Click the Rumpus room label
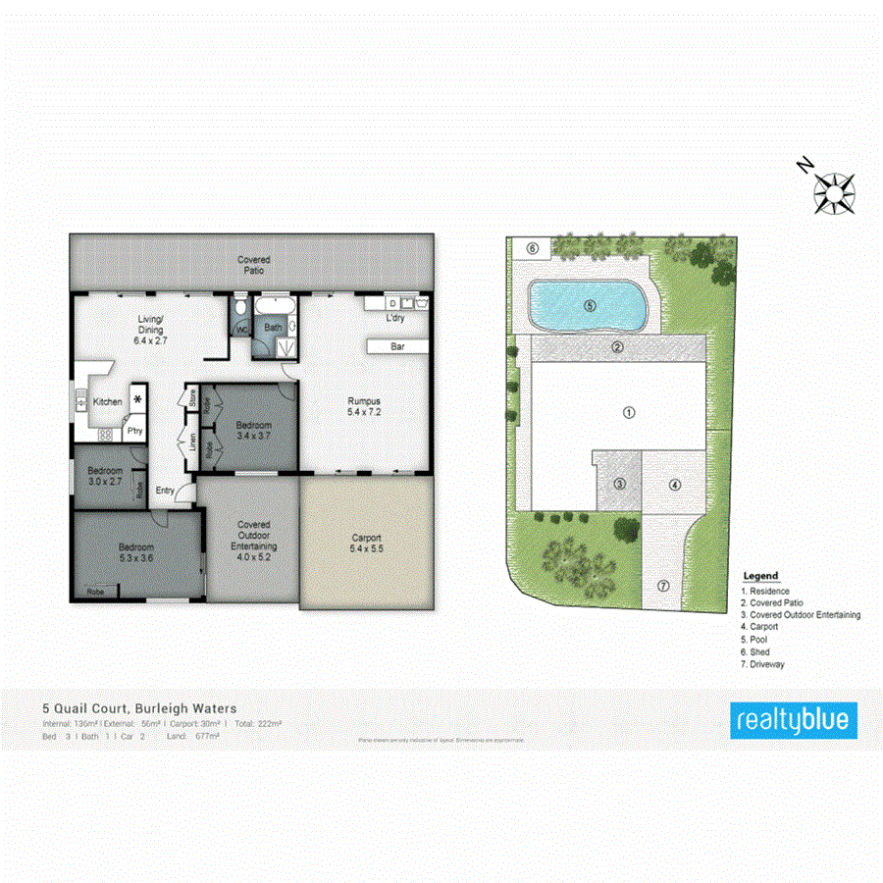363,406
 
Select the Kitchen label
108,401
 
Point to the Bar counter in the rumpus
396,346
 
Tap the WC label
241,330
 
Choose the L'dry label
394,319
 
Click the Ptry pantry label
132,431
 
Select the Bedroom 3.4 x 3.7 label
253,430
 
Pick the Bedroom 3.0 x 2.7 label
105,477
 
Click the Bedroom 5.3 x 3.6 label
137,552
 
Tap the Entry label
165,491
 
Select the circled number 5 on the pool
590,305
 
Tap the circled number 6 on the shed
533,248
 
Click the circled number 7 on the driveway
662,586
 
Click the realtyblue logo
794,721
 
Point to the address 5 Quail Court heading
138,707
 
